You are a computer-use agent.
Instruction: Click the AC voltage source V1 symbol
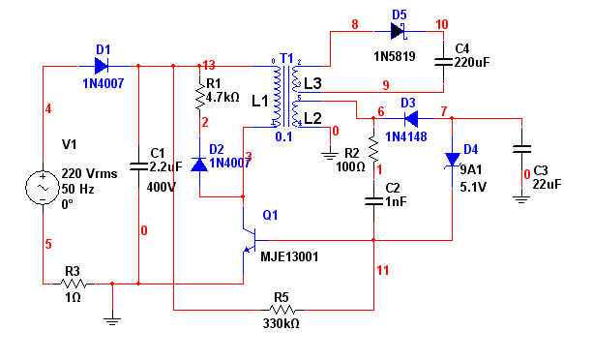(x=43, y=188)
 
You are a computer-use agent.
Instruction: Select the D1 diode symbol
(x=102, y=66)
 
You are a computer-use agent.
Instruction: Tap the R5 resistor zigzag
(x=282, y=310)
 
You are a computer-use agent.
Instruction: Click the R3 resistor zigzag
(x=73, y=284)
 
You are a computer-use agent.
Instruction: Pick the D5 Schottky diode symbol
(x=398, y=31)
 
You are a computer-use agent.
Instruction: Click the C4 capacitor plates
(x=443, y=62)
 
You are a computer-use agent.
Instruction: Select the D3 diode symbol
(x=411, y=119)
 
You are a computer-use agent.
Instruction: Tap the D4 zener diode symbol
(x=453, y=160)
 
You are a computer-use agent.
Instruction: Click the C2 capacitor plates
(x=373, y=201)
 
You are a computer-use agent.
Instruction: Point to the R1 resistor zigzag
(x=199, y=98)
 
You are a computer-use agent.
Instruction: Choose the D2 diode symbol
(x=199, y=165)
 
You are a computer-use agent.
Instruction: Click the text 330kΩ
(x=281, y=323)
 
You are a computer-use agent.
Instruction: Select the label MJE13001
(x=289, y=257)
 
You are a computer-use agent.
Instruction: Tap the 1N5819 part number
(x=395, y=57)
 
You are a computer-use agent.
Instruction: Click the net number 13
(x=209, y=65)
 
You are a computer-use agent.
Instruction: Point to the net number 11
(x=382, y=270)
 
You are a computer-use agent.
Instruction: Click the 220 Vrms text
(x=89, y=173)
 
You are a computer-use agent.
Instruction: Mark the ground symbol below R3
(x=112, y=321)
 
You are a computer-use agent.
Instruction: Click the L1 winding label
(x=260, y=101)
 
